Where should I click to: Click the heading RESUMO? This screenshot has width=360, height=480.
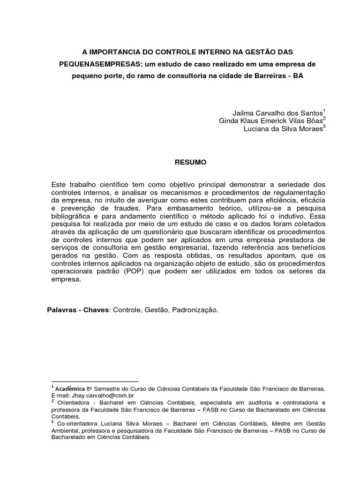(x=187, y=162)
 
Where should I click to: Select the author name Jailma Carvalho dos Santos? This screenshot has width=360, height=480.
(x=277, y=113)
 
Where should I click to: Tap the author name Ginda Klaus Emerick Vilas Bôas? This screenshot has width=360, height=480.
(x=270, y=121)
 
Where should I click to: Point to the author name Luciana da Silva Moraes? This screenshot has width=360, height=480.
(x=283, y=129)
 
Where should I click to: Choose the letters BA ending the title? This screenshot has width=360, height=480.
(x=298, y=75)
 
